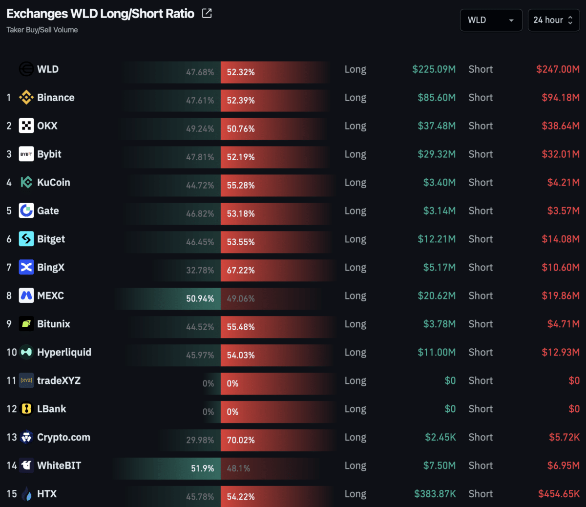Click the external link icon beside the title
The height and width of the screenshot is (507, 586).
(207, 14)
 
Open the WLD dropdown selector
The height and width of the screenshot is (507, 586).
(491, 20)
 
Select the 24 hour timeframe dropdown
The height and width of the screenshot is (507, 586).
(553, 20)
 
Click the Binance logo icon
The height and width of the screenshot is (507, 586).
(26, 98)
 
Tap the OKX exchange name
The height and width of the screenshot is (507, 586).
(47, 126)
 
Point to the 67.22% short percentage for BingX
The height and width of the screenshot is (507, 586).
(241, 271)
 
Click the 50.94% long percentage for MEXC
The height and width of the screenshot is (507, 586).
(200, 299)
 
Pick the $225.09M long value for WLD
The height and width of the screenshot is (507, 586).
(434, 69)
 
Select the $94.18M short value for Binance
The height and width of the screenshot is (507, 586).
(561, 98)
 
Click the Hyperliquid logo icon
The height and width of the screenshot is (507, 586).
(26, 352)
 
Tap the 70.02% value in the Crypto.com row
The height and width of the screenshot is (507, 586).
(241, 441)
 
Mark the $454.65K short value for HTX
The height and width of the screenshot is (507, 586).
(559, 494)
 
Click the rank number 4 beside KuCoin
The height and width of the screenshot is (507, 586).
(9, 183)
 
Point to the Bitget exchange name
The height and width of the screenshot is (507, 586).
(51, 239)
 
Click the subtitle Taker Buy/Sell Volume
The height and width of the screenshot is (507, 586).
(42, 30)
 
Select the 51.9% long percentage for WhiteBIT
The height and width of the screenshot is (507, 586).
(202, 469)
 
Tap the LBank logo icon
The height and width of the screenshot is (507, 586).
(26, 409)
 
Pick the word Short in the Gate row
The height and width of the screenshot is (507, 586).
(481, 211)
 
